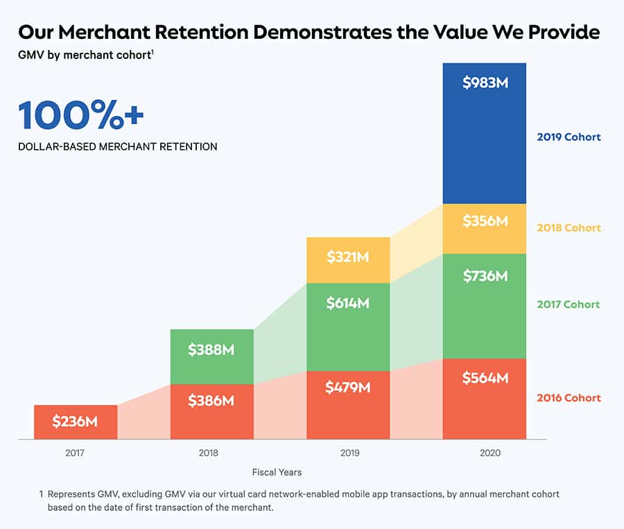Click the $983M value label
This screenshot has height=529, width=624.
tap(485, 83)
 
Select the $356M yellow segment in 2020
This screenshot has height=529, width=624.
tap(485, 228)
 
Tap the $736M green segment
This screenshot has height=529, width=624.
tap(485, 305)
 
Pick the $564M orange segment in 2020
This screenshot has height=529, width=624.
tap(485, 398)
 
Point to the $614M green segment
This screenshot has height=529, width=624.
tap(348, 326)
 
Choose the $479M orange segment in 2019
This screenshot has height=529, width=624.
tap(348, 405)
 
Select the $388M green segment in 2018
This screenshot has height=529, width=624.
tap(211, 356)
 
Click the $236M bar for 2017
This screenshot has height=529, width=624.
tap(75, 421)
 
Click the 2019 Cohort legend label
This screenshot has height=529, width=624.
tap(569, 137)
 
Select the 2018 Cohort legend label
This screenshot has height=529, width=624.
tap(569, 228)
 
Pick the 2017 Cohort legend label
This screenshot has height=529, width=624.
tap(569, 304)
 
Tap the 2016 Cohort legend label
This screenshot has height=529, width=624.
tap(569, 398)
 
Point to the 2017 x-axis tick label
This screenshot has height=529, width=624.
tap(75, 453)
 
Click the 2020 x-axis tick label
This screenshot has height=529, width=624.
tap(485, 453)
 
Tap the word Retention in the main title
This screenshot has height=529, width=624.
tap(203, 33)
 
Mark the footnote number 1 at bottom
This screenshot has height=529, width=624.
tap(42, 494)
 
